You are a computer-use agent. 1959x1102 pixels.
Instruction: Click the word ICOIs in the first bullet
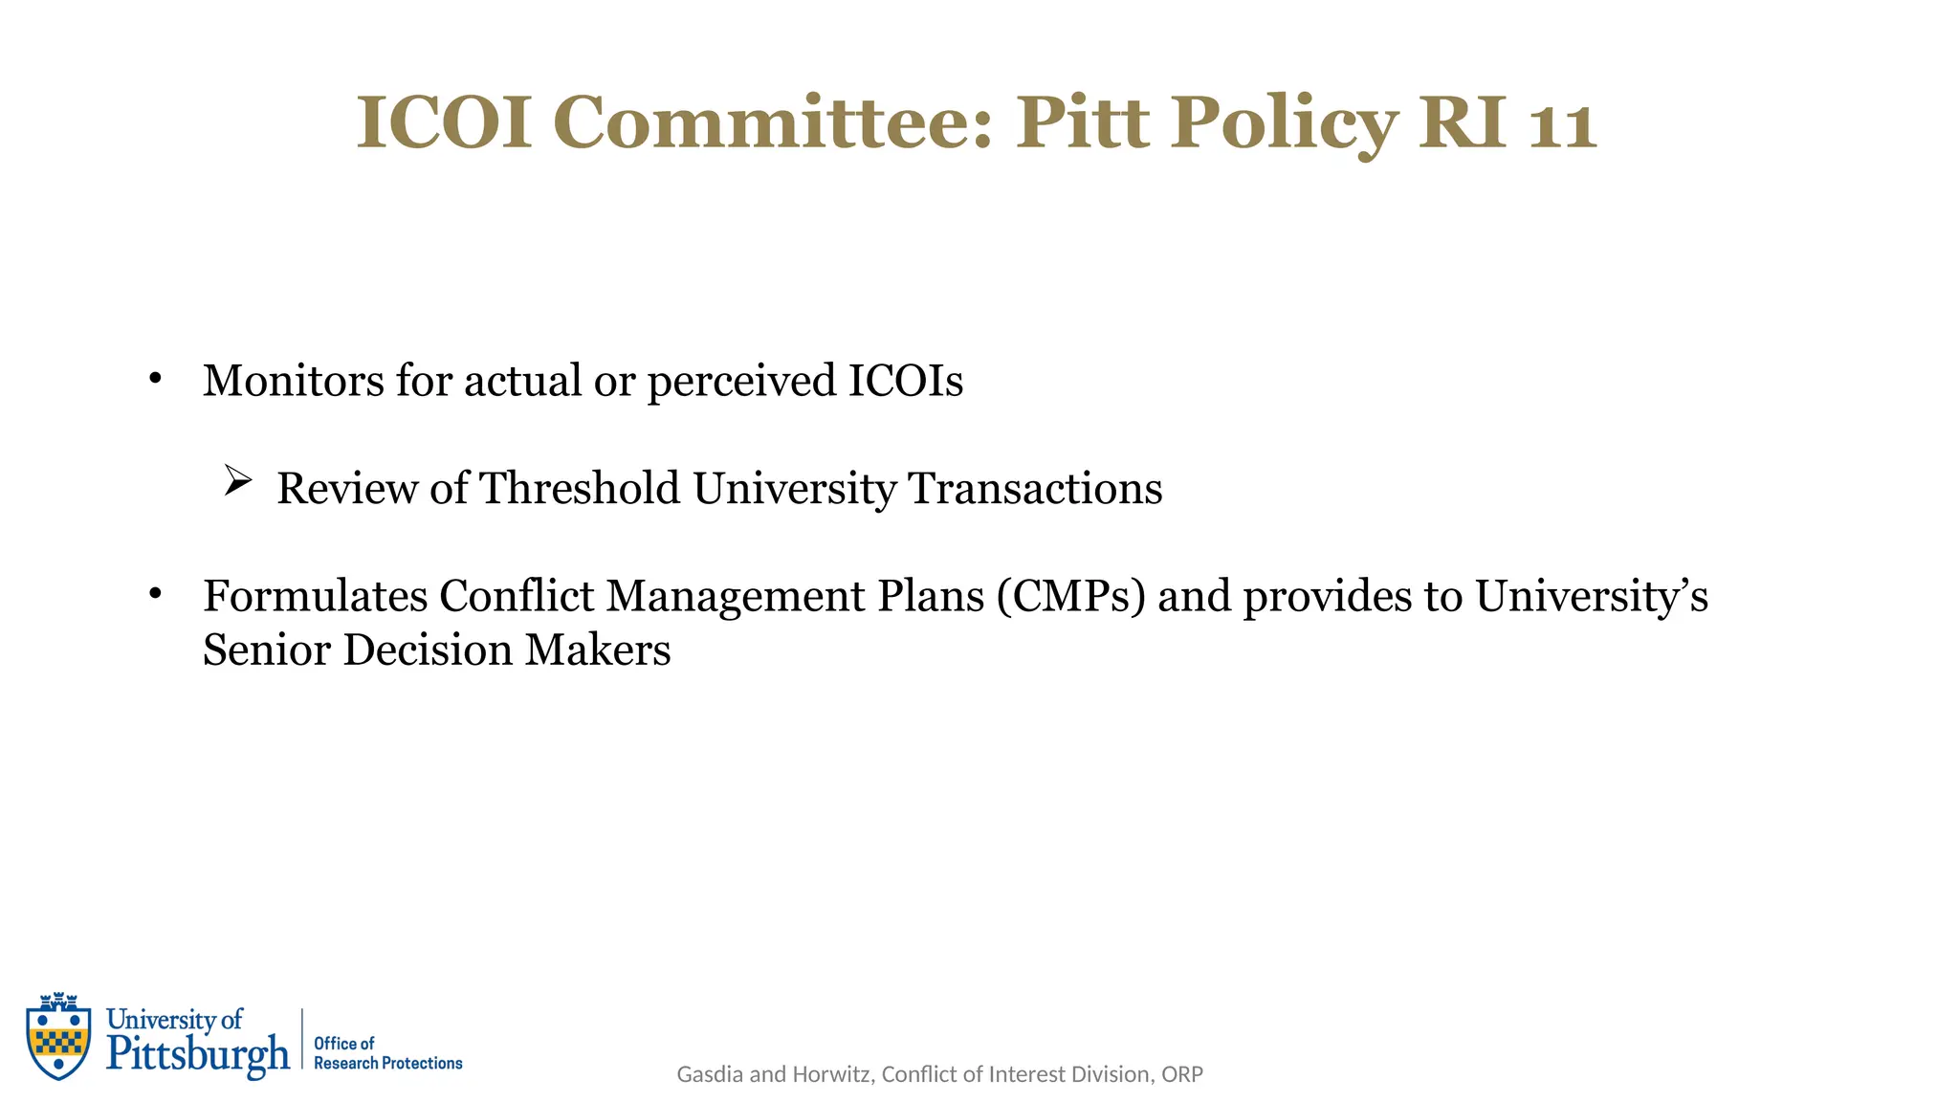click(x=906, y=381)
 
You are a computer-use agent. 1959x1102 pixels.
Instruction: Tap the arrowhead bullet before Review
click(x=237, y=479)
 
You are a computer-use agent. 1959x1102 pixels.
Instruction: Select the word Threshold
click(x=579, y=488)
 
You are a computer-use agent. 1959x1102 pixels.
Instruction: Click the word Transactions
click(x=1035, y=488)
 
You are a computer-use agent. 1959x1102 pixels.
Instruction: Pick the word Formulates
click(x=316, y=596)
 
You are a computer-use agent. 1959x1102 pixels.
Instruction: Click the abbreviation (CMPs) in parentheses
click(x=1070, y=596)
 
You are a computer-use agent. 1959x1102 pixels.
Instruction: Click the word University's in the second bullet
click(x=1591, y=596)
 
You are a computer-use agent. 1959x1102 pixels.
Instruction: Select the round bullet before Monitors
click(x=155, y=380)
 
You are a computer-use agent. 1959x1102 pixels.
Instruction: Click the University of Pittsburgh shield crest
click(x=59, y=1036)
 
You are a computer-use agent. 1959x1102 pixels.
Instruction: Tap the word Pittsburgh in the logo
click(x=198, y=1054)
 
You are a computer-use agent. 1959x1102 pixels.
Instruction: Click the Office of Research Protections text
click(x=387, y=1053)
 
